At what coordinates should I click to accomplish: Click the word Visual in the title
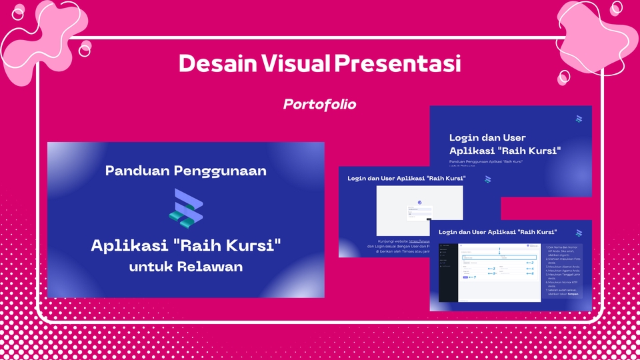[x=295, y=64]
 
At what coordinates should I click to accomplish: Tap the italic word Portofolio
[x=319, y=105]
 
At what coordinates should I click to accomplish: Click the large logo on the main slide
[x=185, y=207]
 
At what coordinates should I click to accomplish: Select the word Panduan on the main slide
[x=137, y=171]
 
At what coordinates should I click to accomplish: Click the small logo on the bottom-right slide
[x=578, y=233]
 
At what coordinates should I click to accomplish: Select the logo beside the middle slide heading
[x=487, y=179]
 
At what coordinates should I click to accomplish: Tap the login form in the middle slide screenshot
[x=420, y=212]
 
